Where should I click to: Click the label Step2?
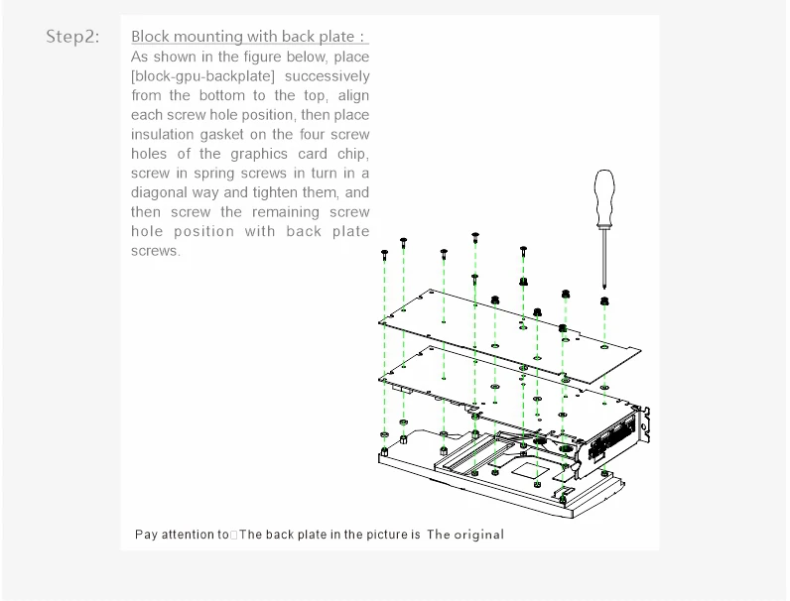(72, 38)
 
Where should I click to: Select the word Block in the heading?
(152, 38)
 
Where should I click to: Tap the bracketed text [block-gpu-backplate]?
(202, 76)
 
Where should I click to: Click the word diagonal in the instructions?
(162, 193)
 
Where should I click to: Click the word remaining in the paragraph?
(286, 212)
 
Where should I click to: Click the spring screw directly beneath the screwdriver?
(604, 300)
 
